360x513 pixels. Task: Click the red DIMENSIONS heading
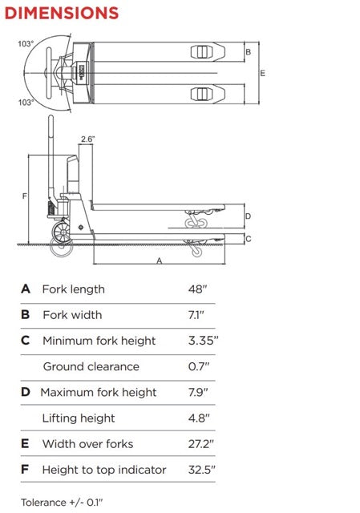click(x=62, y=13)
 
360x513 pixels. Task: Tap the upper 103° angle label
click(x=26, y=44)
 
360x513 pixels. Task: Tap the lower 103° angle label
click(x=26, y=103)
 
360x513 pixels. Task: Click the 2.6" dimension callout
click(x=87, y=139)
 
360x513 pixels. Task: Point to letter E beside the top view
click(x=262, y=73)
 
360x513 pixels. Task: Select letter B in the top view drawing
click(x=248, y=51)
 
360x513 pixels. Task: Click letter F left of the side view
click(x=25, y=196)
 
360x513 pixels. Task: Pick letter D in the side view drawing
click(x=248, y=216)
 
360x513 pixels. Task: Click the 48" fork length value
click(x=198, y=289)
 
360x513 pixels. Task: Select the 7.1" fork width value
click(x=196, y=315)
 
